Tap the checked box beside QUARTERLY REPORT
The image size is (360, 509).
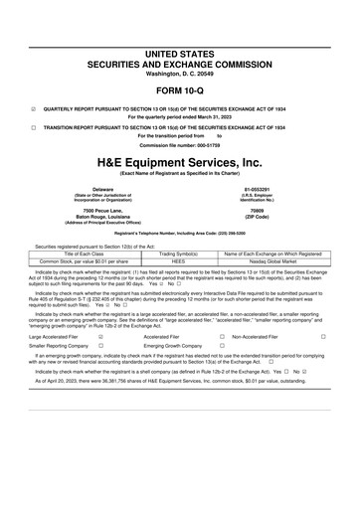pyautogui.click(x=34, y=109)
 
